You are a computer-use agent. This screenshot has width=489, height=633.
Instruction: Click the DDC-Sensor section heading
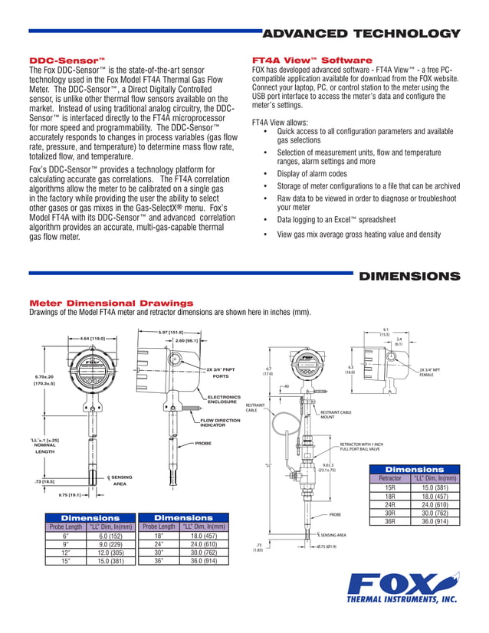(x=66, y=60)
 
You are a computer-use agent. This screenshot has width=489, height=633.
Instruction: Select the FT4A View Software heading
(x=312, y=60)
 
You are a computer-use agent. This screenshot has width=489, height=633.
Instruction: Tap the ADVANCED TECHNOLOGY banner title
(x=361, y=34)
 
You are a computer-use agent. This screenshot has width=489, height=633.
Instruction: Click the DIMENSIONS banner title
(x=409, y=276)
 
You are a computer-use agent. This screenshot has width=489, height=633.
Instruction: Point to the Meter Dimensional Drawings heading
(x=110, y=303)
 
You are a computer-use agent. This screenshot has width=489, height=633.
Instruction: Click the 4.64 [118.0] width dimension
(x=92, y=337)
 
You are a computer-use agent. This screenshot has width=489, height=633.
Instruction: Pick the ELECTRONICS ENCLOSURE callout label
(x=223, y=399)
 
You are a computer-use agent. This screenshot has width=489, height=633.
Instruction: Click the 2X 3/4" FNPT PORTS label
(x=220, y=373)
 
